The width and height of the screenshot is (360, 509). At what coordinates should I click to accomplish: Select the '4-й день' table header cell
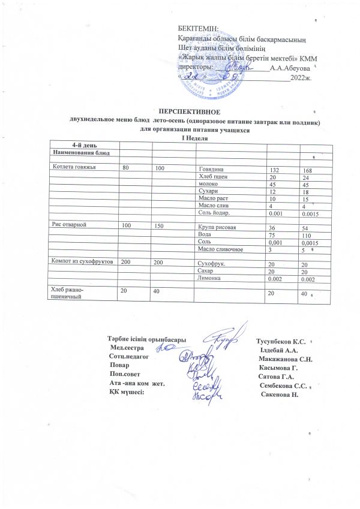82,145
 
